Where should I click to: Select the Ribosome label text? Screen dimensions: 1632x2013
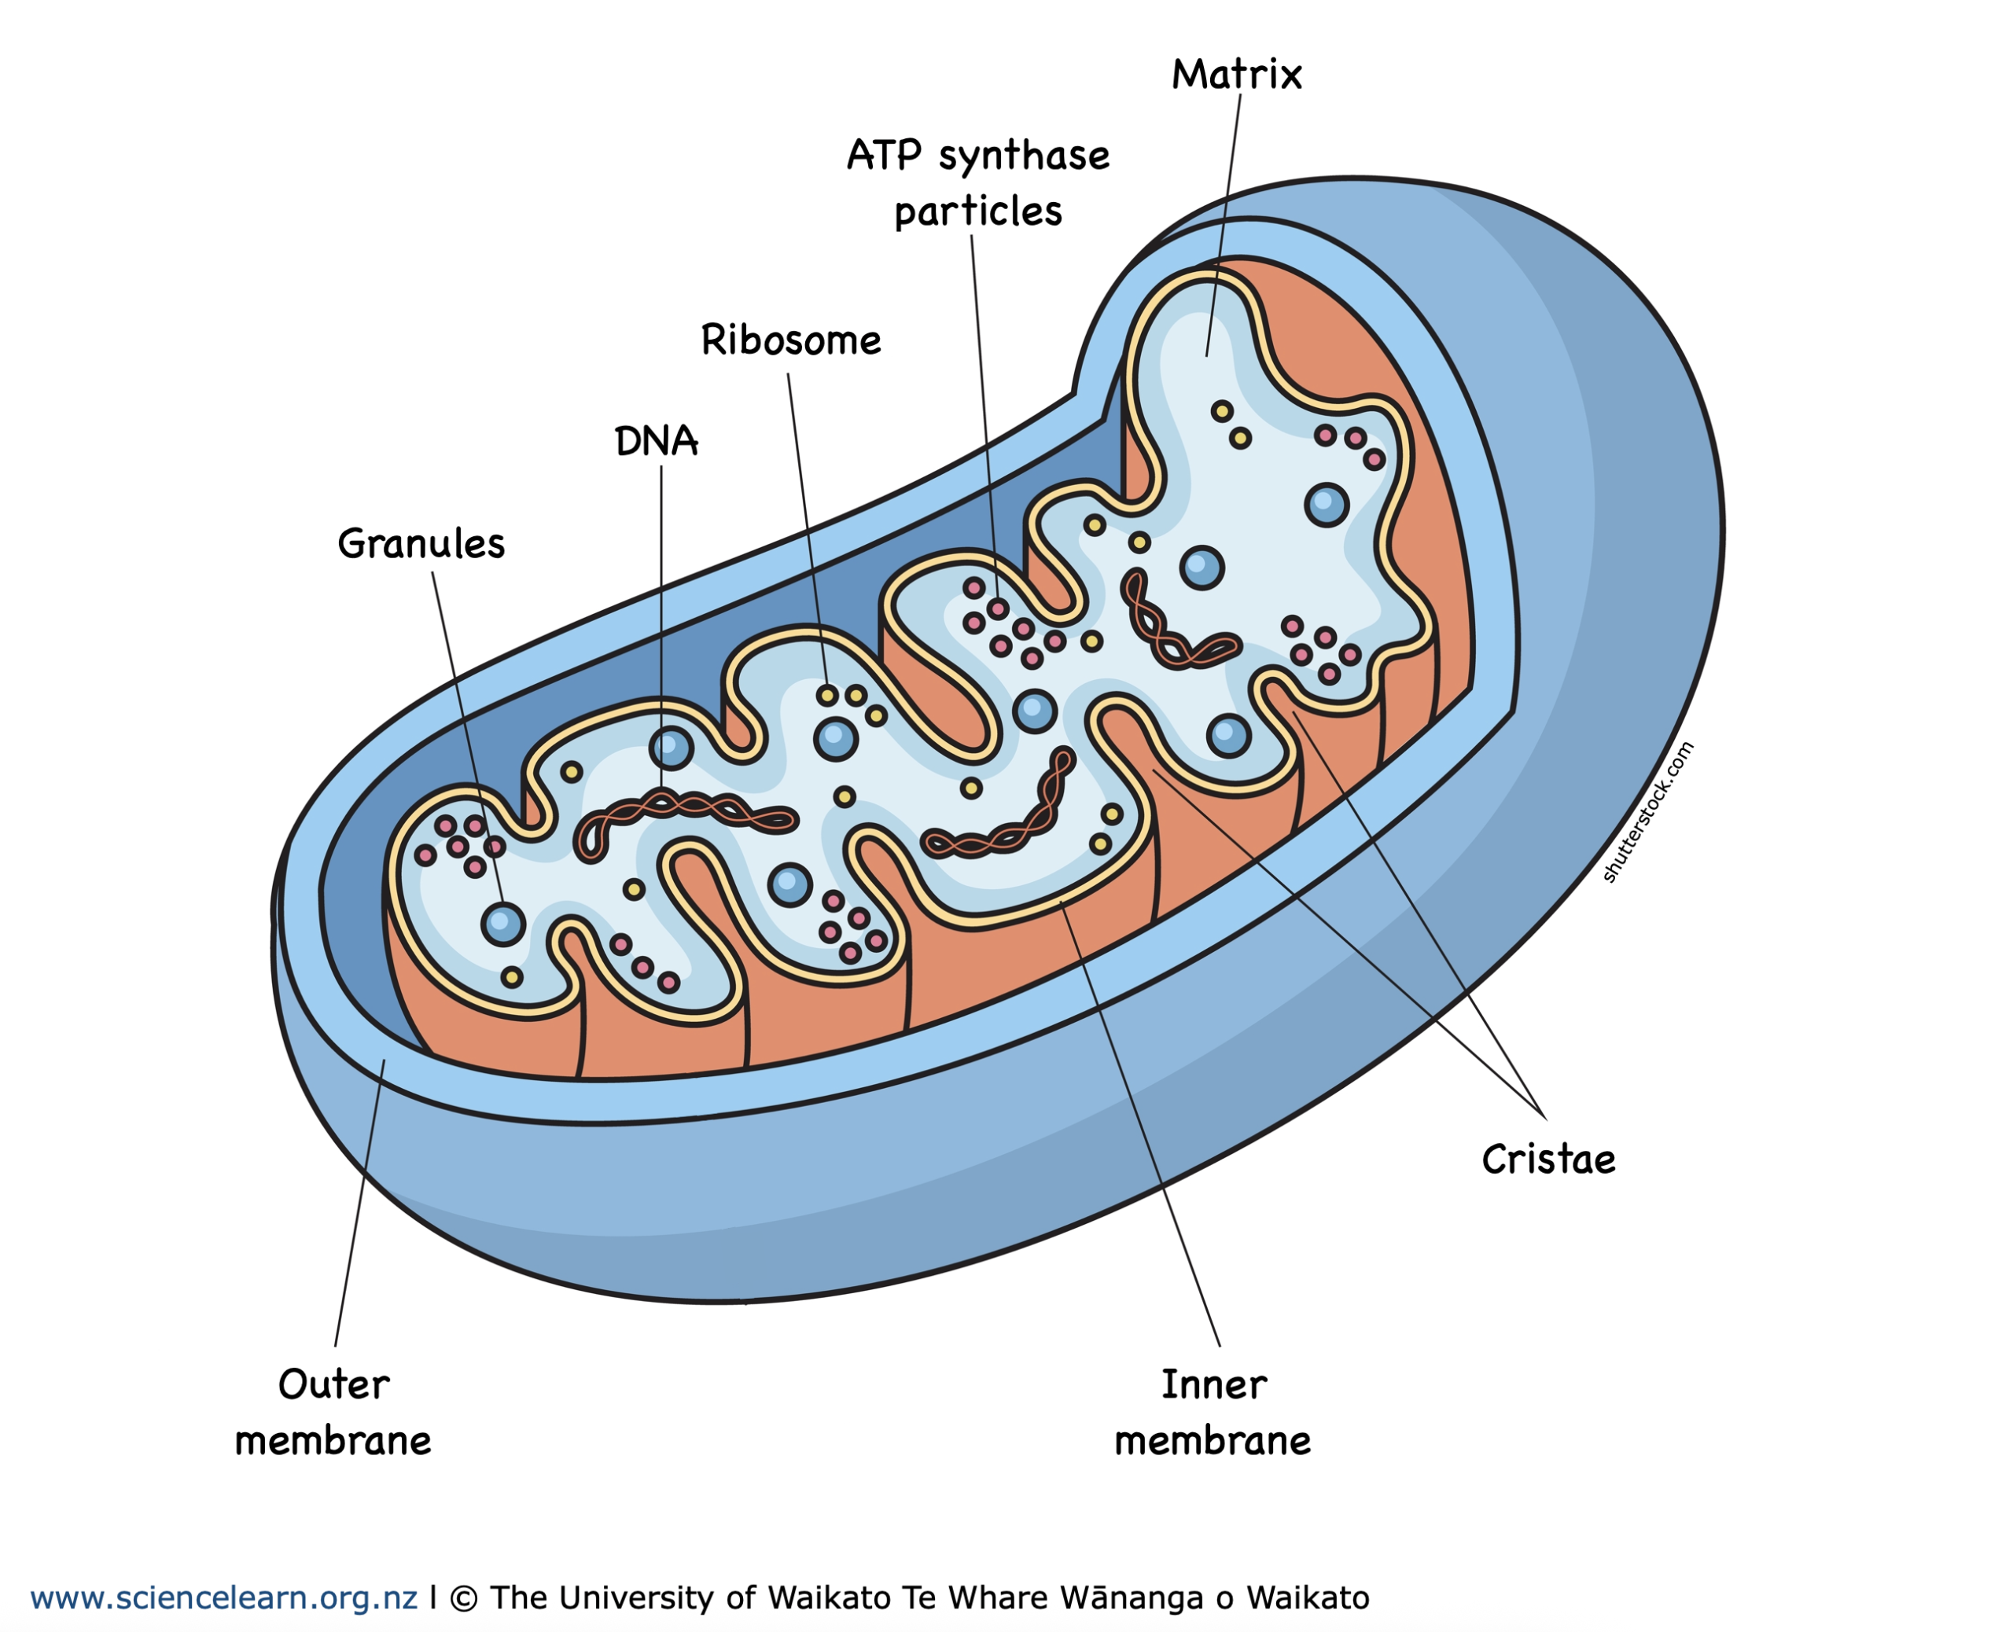[x=791, y=340]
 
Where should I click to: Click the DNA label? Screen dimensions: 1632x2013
[x=657, y=441]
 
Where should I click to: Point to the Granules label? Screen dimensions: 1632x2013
[x=421, y=543]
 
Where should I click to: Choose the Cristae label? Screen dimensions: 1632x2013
[x=1547, y=1159]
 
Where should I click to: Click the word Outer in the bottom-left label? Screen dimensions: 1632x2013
[x=333, y=1384]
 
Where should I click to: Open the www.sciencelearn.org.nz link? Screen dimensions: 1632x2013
[x=224, y=1597]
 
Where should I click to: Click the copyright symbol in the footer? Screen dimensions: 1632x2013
[x=462, y=1598]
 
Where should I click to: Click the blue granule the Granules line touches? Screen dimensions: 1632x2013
[x=503, y=924]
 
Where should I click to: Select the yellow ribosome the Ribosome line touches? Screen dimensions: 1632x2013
[x=827, y=696]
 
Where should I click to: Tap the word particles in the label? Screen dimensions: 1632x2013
[x=978, y=212]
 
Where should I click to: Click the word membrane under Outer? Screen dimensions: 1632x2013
[x=333, y=1441]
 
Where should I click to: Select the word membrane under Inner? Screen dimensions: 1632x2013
[x=1213, y=1441]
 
